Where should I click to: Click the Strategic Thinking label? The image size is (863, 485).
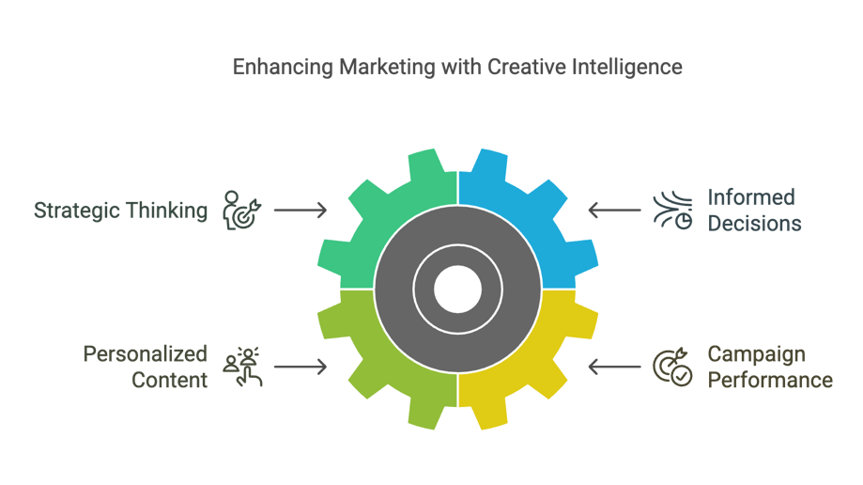pos(120,211)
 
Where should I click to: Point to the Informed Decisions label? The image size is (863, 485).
pos(754,211)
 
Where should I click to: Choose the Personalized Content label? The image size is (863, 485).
pos(146,368)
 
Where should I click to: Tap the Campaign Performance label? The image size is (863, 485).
pos(770,368)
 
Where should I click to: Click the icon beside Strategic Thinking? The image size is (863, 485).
pos(241,211)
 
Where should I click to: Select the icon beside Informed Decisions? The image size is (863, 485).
pos(672,211)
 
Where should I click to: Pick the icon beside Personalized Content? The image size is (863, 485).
pos(242,368)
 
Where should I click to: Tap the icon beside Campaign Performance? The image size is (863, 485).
pos(672,368)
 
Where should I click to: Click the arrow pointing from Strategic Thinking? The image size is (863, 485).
pos(301,210)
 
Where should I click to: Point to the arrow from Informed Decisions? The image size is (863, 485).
pos(614,210)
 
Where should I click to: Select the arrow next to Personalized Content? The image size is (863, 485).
pos(301,367)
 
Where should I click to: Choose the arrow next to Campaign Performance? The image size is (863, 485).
pos(614,367)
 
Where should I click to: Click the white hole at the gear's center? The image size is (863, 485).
pos(458,289)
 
